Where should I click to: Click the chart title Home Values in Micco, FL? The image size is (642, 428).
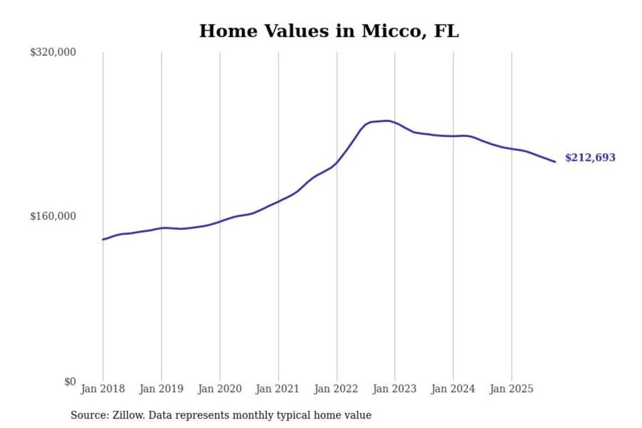[x=329, y=31]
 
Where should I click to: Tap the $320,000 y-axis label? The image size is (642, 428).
[x=53, y=52]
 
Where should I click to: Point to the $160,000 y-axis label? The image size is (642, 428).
[x=53, y=216]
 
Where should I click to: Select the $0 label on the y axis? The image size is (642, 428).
[x=70, y=382]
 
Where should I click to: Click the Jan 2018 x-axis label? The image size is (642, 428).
[x=103, y=389]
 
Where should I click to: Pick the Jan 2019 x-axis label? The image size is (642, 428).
[x=161, y=389]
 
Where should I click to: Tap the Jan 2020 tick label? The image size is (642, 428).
[x=219, y=389]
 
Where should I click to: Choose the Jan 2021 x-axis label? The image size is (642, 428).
[x=277, y=389]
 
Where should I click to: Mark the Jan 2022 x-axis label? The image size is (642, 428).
[x=336, y=389]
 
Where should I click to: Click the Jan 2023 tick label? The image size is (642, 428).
[x=394, y=389]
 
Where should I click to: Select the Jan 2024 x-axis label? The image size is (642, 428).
[x=453, y=389]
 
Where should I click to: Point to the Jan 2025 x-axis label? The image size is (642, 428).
[x=511, y=389]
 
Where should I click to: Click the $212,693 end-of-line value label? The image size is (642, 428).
[x=590, y=157]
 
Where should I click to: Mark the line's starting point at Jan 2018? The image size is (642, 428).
[x=103, y=239]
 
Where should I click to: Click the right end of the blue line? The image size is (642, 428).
[x=555, y=161]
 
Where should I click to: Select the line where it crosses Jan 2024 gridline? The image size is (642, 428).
[x=453, y=136]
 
